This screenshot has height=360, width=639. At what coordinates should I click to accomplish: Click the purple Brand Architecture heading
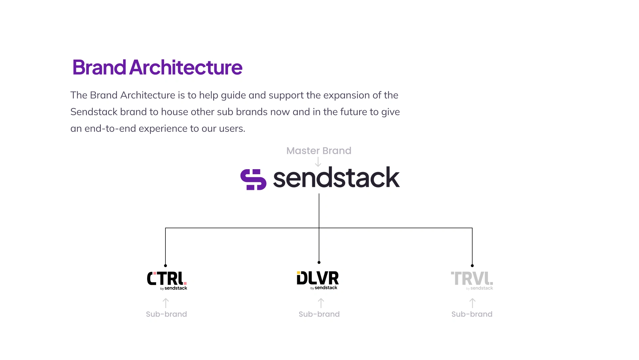pos(157,68)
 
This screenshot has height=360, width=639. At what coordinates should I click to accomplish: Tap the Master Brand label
pos(319,151)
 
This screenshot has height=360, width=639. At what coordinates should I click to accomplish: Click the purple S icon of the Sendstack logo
pos(253,180)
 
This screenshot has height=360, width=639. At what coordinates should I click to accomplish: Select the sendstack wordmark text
pos(336,178)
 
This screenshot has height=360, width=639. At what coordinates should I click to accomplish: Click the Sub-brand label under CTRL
pos(166,314)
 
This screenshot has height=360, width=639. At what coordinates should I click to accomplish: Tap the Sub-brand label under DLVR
pos(319,314)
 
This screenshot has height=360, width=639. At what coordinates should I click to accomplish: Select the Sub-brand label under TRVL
pos(472,314)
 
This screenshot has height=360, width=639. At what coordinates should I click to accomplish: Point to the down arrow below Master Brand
pos(318,162)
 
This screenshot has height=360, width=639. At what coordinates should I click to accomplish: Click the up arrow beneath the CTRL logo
pos(166,303)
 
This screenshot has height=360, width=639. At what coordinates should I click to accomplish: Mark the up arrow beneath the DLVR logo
pos(321,303)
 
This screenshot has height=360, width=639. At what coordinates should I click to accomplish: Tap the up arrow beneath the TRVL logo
pos(472,303)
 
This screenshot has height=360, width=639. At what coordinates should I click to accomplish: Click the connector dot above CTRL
pos(165,266)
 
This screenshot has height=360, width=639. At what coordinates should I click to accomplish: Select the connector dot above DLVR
pos(319,262)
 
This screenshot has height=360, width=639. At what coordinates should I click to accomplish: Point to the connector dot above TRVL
pos(472,266)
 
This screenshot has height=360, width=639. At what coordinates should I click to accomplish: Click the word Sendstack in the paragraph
pos(94,112)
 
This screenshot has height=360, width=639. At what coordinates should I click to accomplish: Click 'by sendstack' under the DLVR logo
pos(324,288)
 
